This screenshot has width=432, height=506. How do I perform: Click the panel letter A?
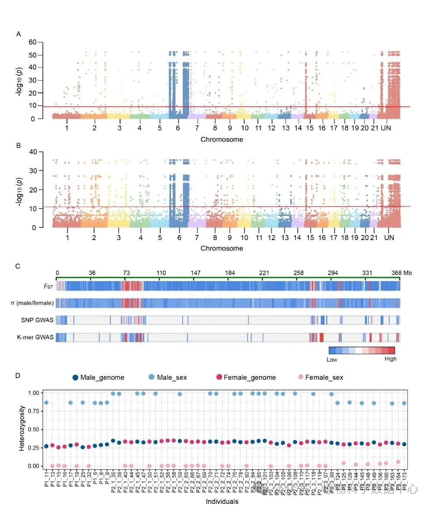19,34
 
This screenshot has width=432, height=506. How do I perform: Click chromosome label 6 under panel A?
178,129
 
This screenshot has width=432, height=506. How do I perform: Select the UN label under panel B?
389,238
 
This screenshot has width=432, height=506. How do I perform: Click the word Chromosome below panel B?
222,248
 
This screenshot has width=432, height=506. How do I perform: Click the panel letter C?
18,266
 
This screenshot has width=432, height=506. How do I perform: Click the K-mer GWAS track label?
37,337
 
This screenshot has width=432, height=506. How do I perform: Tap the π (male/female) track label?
32,303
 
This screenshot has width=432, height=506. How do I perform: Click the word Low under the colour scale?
332,359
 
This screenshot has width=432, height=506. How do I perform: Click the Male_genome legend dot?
76,377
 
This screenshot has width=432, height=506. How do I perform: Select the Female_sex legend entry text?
324,377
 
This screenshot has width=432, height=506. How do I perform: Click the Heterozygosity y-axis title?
22,429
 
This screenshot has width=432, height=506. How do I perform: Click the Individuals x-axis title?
222,501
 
